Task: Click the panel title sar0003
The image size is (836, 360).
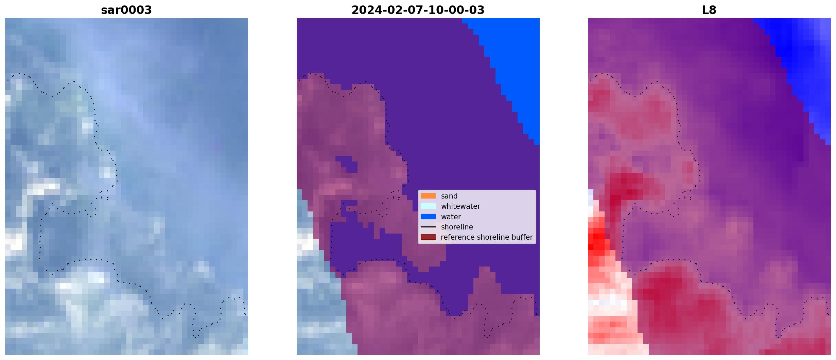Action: (x=126, y=10)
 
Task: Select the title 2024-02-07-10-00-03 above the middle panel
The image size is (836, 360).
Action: (x=418, y=10)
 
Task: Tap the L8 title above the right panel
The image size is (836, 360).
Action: (x=709, y=10)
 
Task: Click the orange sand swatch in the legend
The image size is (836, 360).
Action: (x=428, y=196)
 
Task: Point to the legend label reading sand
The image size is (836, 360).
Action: (x=449, y=196)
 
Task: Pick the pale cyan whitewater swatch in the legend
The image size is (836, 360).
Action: (x=428, y=206)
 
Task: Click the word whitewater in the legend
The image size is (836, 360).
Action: (x=460, y=206)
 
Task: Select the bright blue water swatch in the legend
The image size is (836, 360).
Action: (x=428, y=217)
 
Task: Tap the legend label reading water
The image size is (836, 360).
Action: (x=451, y=217)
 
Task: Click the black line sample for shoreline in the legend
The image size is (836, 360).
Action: (x=428, y=227)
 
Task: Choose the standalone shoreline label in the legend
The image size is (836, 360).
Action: (x=457, y=227)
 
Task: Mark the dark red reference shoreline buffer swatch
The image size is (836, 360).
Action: (x=428, y=237)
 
